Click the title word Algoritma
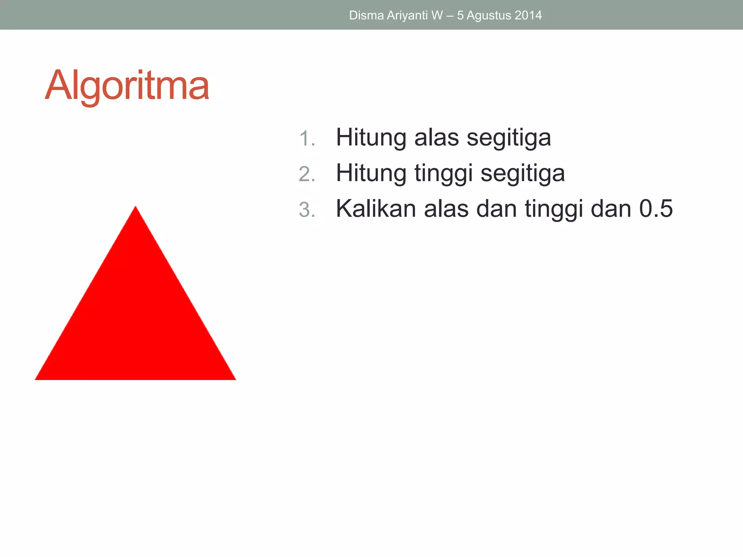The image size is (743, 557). click(x=127, y=86)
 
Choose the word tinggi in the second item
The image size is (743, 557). click(x=443, y=173)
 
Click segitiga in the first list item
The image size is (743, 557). click(x=509, y=138)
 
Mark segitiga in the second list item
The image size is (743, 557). click(x=522, y=174)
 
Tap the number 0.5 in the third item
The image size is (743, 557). click(x=656, y=209)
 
